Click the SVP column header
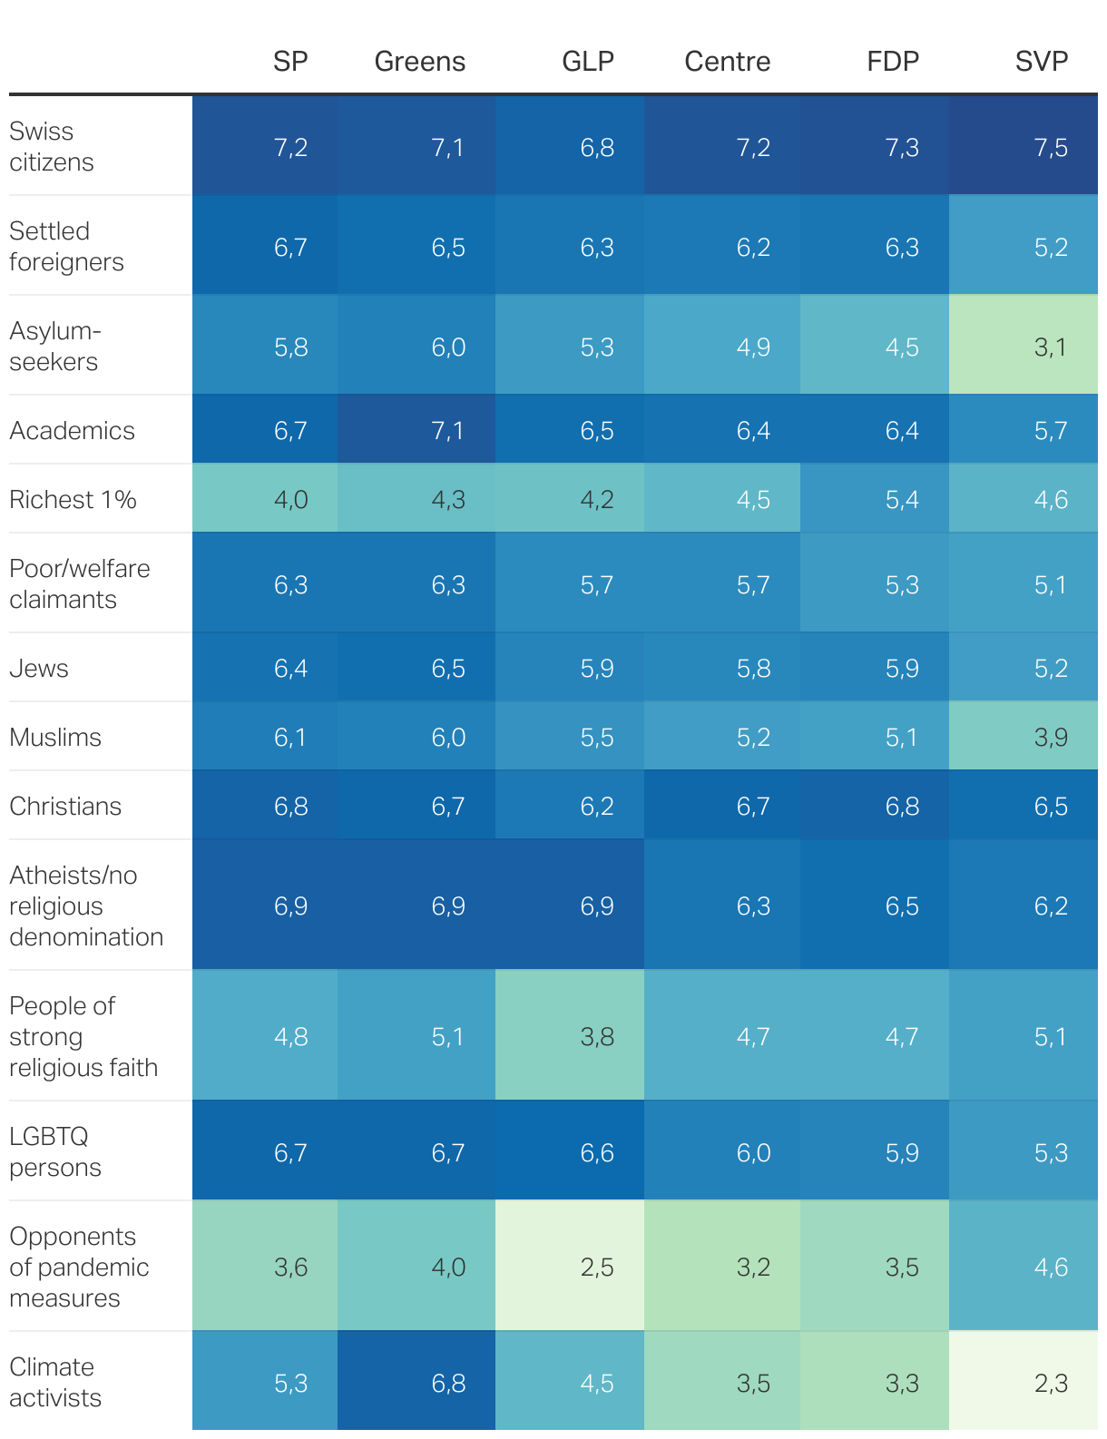[1041, 61]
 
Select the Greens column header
[419, 61]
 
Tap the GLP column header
[587, 61]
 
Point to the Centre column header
[727, 61]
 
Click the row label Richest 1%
[73, 499]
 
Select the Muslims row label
[55, 737]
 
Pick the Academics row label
[72, 430]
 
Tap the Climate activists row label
[54, 1382]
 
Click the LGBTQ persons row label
[54, 1151]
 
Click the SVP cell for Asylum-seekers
[1050, 347]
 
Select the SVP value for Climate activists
[1050, 1383]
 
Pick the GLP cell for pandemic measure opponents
[596, 1267]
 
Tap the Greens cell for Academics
[447, 430]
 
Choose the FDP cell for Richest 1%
[901, 499]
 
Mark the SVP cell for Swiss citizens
[1050, 147]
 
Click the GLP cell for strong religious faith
[596, 1036]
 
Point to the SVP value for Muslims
[1050, 737]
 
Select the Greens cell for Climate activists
[447, 1383]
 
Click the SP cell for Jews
[290, 668]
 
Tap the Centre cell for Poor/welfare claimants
[752, 584]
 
